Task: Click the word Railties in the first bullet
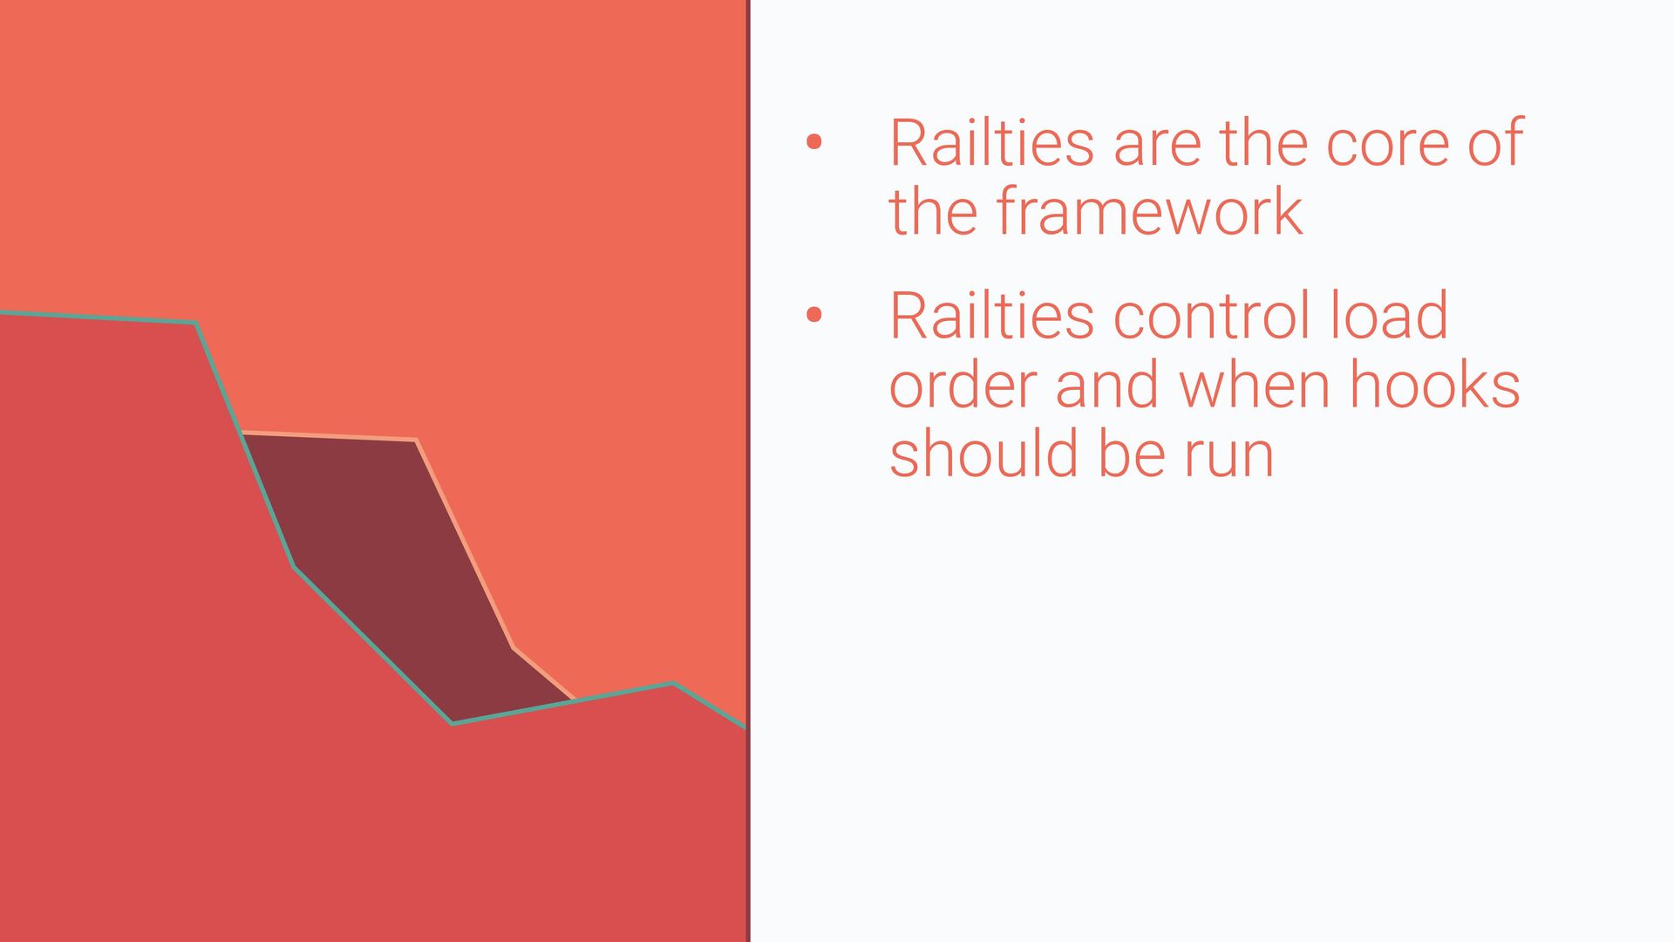point(991,141)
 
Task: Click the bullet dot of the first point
point(814,142)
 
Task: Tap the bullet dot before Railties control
point(814,315)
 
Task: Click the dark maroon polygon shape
point(401,558)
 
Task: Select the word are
point(1157,147)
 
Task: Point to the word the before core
point(1263,141)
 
